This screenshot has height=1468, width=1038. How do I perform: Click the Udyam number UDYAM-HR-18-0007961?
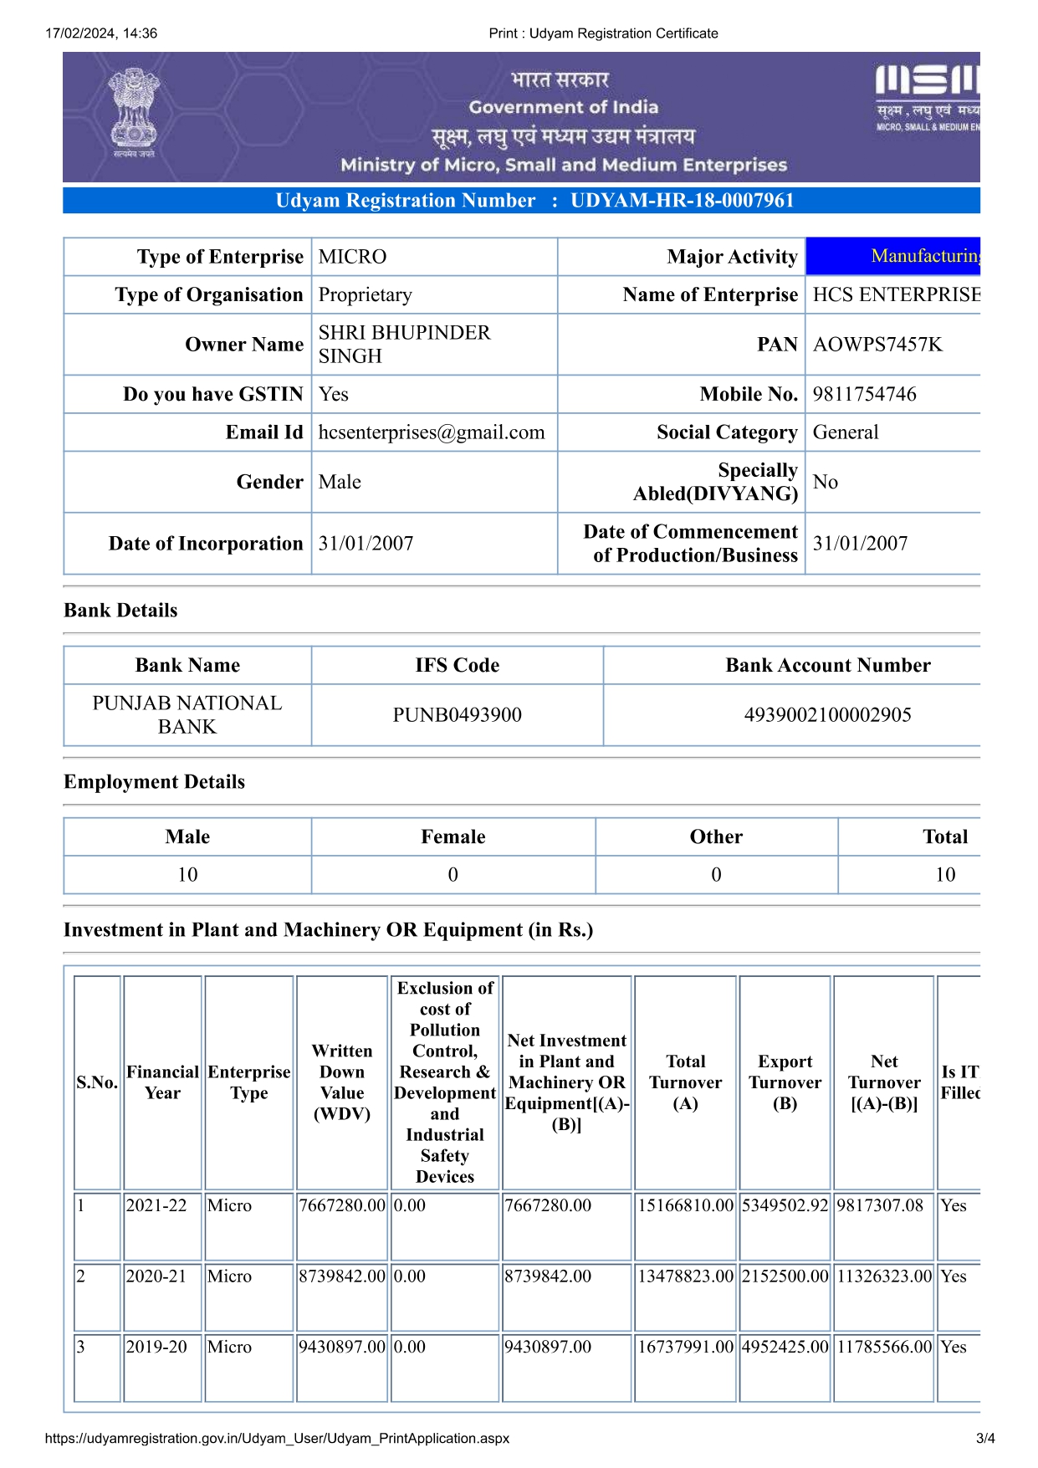(x=682, y=201)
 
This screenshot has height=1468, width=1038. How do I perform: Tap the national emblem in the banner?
(x=134, y=113)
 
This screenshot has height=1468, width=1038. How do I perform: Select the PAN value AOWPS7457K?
(x=877, y=345)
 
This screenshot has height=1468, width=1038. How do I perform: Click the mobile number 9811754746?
(x=864, y=394)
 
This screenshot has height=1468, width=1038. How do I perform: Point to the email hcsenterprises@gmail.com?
(x=431, y=432)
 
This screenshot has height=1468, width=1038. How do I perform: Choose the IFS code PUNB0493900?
(x=457, y=715)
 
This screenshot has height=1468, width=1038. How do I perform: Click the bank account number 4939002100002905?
(x=827, y=715)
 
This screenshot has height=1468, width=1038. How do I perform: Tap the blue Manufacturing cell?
(x=892, y=256)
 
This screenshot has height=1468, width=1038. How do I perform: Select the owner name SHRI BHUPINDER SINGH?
(x=404, y=345)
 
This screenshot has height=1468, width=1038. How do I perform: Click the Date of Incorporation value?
(x=366, y=544)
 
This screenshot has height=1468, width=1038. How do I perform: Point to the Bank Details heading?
(x=120, y=611)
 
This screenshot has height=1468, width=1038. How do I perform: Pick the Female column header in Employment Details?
(x=453, y=837)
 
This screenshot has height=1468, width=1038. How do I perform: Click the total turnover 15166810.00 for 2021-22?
(x=685, y=1205)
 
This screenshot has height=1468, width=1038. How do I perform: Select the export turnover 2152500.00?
(x=785, y=1276)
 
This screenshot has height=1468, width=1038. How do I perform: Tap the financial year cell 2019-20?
(x=156, y=1347)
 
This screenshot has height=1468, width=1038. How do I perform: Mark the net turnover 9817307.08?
(x=880, y=1205)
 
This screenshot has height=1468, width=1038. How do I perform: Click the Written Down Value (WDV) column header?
(x=341, y=1082)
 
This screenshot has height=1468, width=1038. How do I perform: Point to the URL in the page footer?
(x=277, y=1439)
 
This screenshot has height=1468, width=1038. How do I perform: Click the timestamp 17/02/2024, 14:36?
(x=101, y=33)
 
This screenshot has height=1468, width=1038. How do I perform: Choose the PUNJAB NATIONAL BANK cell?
(x=187, y=715)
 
